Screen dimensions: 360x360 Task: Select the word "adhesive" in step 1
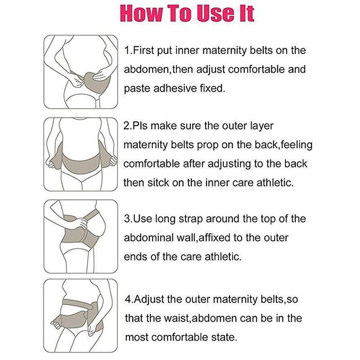pos(175,88)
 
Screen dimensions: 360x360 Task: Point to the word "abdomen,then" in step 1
pos(158,69)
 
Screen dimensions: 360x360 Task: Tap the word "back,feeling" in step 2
pos(283,145)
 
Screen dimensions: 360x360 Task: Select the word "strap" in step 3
pos(190,219)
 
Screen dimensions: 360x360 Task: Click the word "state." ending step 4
pos(224,337)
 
